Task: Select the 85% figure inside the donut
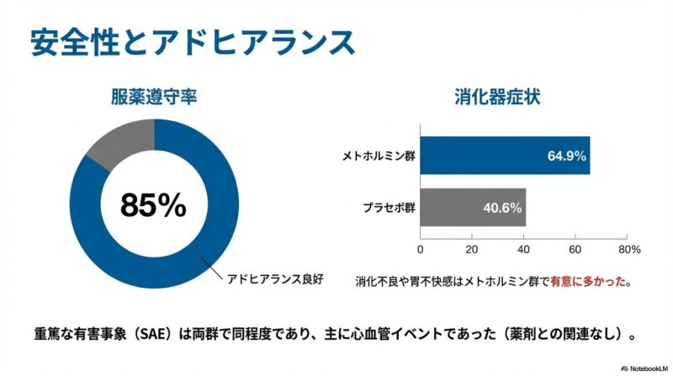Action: click(x=152, y=204)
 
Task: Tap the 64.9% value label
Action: click(x=565, y=156)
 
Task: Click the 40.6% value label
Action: click(x=502, y=207)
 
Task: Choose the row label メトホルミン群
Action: click(x=378, y=156)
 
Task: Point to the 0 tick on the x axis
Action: click(x=420, y=250)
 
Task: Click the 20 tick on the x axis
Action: click(x=471, y=250)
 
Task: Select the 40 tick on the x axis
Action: click(x=523, y=250)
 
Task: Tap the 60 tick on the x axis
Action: click(x=575, y=250)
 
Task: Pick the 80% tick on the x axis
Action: click(x=628, y=250)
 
